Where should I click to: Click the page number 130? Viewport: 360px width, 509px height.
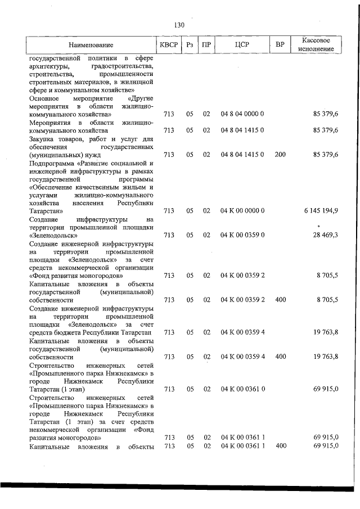pyautogui.click(x=179, y=25)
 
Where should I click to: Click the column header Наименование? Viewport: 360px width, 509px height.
pyautogui.click(x=91, y=44)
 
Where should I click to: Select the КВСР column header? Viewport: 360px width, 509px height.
pyautogui.click(x=168, y=44)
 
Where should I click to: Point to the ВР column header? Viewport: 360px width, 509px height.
pyautogui.click(x=280, y=44)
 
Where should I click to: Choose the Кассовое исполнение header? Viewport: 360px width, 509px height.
pyautogui.click(x=319, y=44)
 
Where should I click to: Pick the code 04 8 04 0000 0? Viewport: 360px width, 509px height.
pyautogui.click(x=242, y=114)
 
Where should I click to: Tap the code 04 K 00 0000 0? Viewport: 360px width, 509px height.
pyautogui.click(x=242, y=210)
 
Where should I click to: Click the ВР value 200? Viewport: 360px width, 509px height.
pyautogui.click(x=280, y=154)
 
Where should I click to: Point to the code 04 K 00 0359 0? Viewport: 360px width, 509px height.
pyautogui.click(x=242, y=235)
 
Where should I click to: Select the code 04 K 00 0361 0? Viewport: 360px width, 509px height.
pyautogui.click(x=242, y=389)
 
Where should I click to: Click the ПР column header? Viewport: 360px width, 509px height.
pyautogui.click(x=206, y=44)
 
